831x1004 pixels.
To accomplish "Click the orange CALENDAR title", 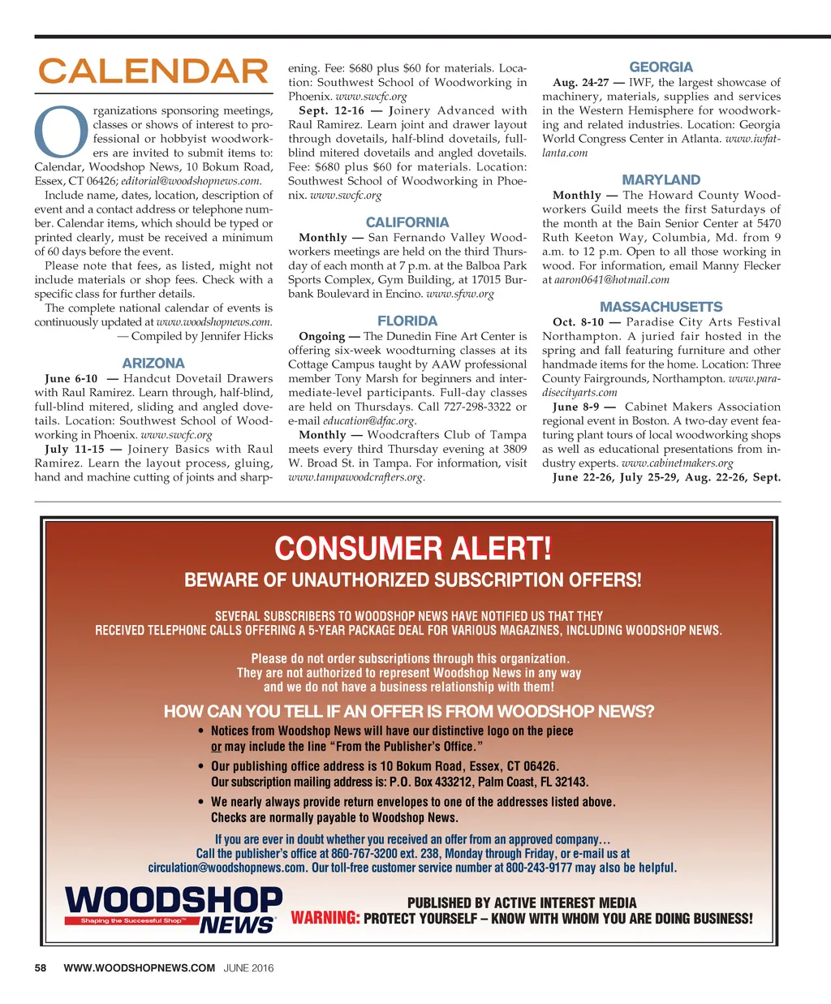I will tap(153, 71).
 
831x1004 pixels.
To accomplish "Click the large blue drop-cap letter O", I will tap(62, 132).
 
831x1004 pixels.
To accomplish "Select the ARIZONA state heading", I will tap(153, 364).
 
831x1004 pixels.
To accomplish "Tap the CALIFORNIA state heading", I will tap(407, 222).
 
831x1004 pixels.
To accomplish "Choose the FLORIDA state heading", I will tap(407, 321).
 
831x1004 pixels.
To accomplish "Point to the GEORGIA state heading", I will tap(661, 67).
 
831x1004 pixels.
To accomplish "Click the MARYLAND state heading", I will tap(661, 180).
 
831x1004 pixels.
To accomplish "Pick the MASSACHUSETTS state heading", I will tap(661, 307).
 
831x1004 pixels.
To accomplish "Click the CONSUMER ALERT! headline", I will tap(413, 549).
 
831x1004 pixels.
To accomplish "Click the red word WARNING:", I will tap(325, 918).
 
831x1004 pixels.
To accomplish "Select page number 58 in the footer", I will tap(41, 967).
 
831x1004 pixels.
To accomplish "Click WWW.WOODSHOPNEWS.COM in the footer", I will tap(140, 967).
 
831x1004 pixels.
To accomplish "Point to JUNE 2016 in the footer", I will tap(249, 967).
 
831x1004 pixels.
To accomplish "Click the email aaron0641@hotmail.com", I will tap(612, 280).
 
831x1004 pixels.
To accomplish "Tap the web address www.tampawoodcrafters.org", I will tap(356, 477).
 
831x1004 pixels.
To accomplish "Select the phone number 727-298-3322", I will tap(477, 407).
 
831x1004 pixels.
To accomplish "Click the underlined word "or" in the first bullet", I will tap(216, 747).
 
